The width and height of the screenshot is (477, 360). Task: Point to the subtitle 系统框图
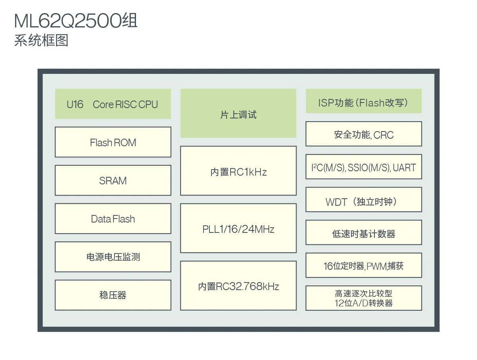coord(41,41)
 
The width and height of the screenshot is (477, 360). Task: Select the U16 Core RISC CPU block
coord(113,104)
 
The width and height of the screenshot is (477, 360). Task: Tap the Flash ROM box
coord(113,142)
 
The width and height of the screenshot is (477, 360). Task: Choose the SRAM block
coord(113,180)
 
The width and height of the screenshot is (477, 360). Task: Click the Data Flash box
coord(113,219)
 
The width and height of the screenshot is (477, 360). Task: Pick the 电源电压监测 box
coord(113,257)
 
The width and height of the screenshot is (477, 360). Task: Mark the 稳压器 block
coord(113,295)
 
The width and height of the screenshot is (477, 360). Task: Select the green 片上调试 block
coord(238,114)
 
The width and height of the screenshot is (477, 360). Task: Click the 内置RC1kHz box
coord(238,171)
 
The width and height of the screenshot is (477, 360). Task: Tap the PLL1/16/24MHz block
coord(238,228)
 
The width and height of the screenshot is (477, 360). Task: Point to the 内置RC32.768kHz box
coord(238,285)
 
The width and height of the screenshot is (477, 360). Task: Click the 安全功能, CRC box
coord(363,134)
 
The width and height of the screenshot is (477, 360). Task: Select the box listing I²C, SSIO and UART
coord(363,167)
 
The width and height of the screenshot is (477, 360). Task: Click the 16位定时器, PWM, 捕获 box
coord(363,265)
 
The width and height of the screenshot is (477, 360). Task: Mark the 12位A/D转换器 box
coord(363,298)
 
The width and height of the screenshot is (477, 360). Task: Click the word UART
coord(404,168)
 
